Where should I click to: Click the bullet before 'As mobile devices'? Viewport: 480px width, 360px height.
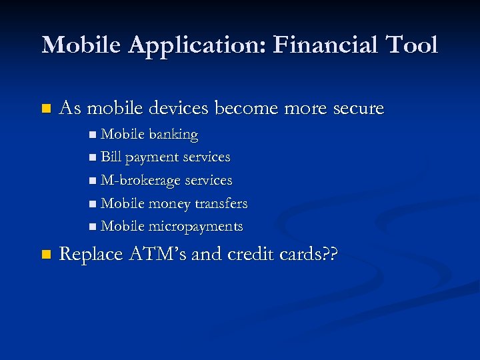tap(45, 108)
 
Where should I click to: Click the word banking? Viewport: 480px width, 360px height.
tap(173, 135)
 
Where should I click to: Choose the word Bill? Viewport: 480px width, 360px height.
tap(111, 157)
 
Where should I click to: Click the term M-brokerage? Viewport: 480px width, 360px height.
tap(141, 181)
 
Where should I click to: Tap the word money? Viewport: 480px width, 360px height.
tap(171, 204)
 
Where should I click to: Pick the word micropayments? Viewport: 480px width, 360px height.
tap(195, 227)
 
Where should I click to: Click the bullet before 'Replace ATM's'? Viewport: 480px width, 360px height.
tap(45, 255)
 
